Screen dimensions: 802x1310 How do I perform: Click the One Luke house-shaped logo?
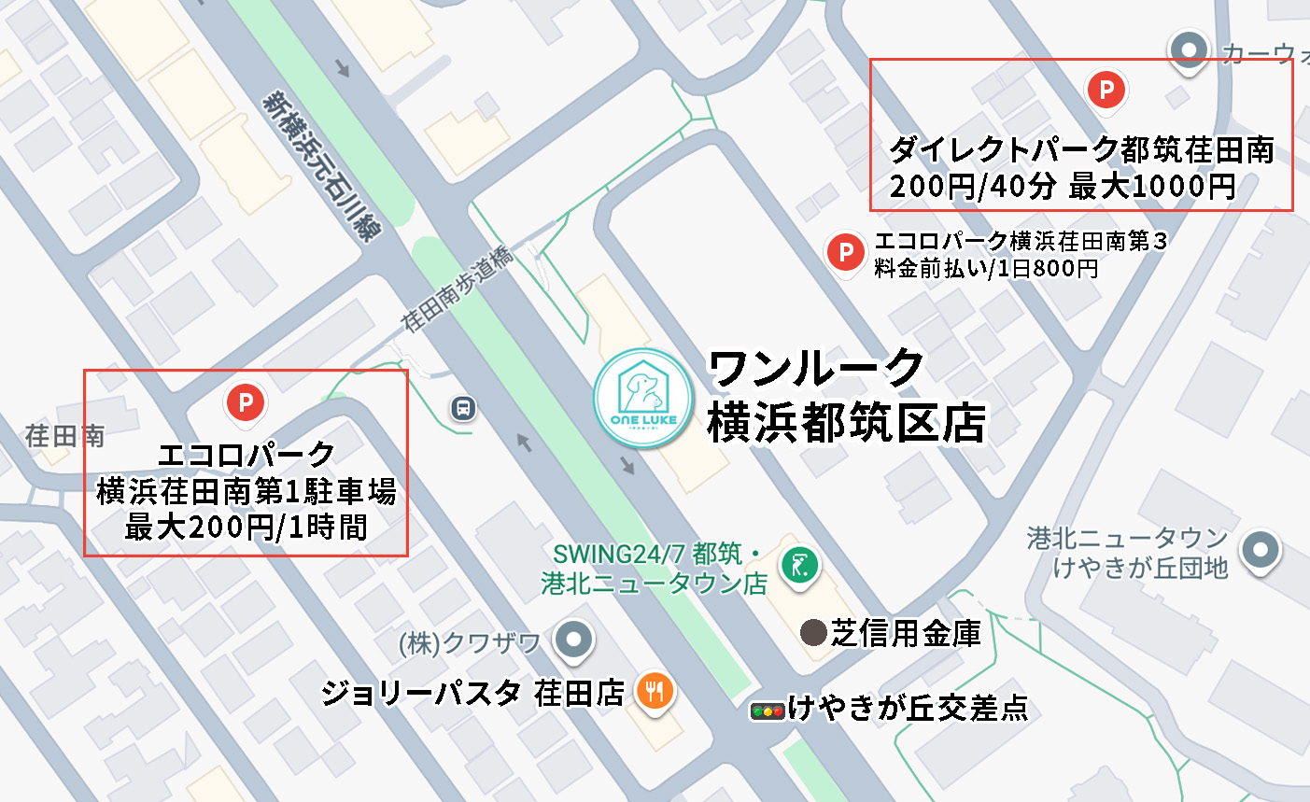(643, 398)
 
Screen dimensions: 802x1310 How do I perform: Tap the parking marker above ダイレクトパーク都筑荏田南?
(1106, 91)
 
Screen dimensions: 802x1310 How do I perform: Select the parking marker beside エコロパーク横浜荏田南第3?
(846, 252)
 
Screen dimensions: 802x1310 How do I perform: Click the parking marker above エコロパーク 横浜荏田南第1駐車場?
(246, 403)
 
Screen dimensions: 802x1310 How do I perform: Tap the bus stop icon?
(463, 408)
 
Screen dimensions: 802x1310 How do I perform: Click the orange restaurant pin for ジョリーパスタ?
(655, 692)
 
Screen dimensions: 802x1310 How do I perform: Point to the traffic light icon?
(768, 711)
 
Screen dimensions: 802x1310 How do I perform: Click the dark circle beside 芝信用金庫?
(813, 634)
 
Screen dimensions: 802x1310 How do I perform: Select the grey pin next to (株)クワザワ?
(573, 640)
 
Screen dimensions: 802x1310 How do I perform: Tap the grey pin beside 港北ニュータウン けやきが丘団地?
(1261, 549)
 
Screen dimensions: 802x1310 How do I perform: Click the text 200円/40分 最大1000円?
(1063, 187)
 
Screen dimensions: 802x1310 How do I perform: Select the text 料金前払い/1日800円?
(986, 269)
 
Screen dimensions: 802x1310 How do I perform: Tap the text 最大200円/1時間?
(247, 528)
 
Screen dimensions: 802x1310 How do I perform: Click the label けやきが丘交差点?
(908, 709)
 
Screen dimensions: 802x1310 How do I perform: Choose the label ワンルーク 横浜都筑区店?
(846, 396)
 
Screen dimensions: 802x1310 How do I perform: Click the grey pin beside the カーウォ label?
(1189, 49)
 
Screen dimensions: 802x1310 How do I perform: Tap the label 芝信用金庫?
(906, 634)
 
